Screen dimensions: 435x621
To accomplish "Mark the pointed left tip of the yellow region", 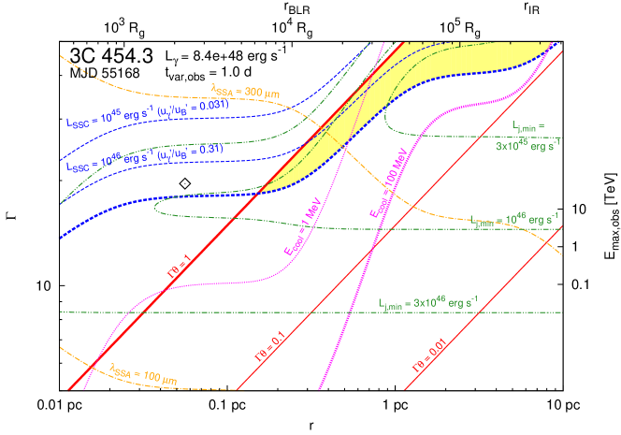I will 257,192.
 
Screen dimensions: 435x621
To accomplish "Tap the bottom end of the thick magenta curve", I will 320,389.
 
